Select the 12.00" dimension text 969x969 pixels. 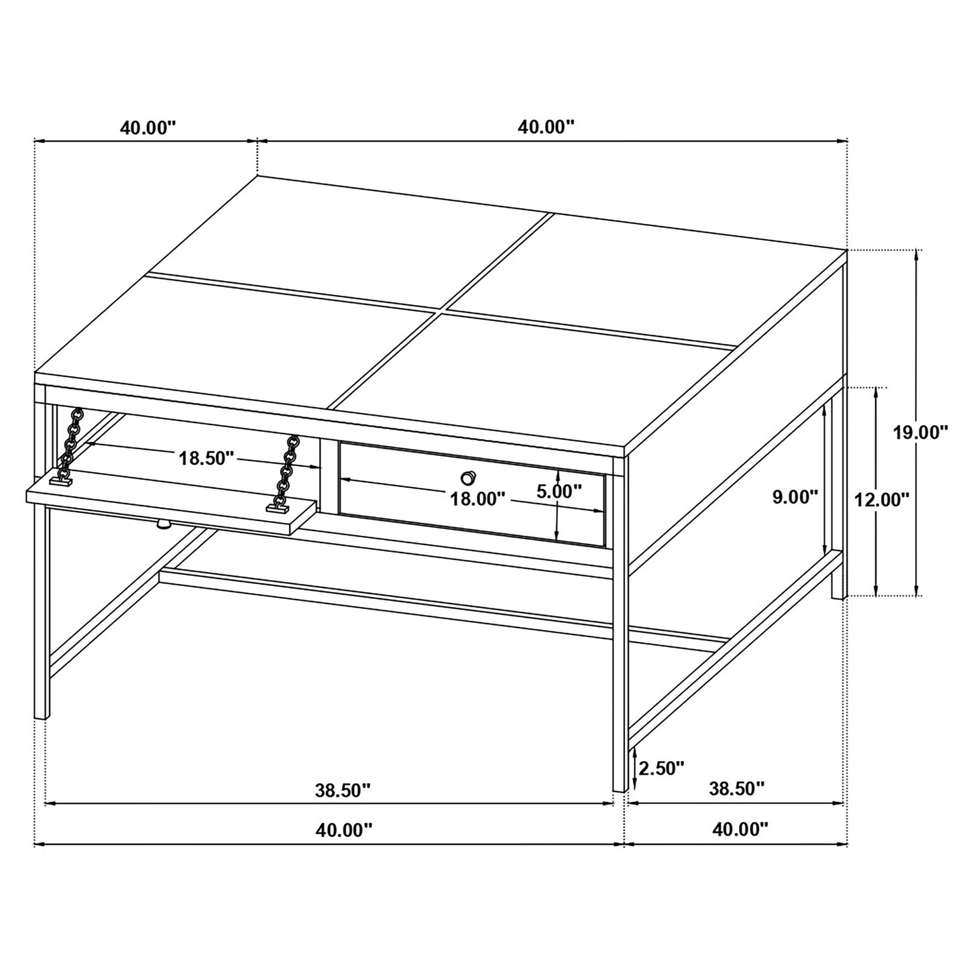(881, 498)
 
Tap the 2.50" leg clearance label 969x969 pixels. (661, 768)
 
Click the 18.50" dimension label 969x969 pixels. (206, 458)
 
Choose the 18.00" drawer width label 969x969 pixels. (477, 498)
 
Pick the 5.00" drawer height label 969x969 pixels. (559, 492)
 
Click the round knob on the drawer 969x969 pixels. (468, 477)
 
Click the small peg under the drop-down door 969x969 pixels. (162, 525)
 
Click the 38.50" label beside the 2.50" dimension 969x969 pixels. (736, 788)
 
